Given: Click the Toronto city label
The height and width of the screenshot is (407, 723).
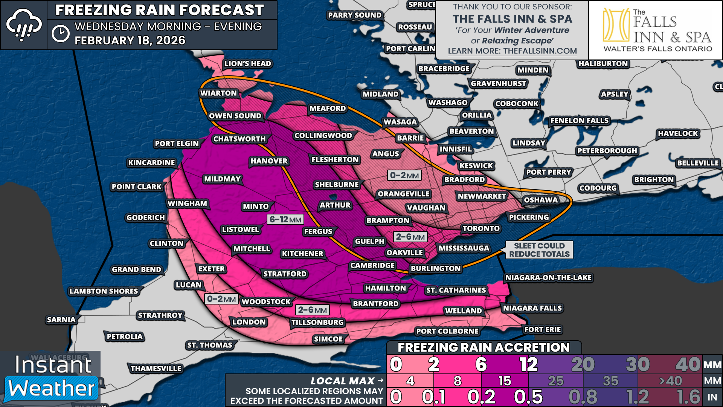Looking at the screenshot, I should pos(481,228).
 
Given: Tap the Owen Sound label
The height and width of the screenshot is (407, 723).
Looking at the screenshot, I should pos(235,116).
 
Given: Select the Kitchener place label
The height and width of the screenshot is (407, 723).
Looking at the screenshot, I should pos(302,254).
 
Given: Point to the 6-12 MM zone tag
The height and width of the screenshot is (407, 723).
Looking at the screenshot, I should pos(285,219).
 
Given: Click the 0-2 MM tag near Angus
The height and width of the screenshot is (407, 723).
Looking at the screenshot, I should pos(404,175).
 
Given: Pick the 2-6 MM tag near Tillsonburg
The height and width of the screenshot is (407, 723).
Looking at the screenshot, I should pos(312,310).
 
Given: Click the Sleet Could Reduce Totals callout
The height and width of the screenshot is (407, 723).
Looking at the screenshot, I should pos(539,250).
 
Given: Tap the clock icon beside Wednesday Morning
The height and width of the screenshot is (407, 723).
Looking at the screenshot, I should pos(61,34).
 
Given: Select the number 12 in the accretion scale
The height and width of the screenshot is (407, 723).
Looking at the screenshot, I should pos(528,364).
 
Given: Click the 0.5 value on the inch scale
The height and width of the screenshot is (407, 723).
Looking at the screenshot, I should pos(528,397).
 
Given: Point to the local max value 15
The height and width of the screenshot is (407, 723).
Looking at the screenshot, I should pos(505,381).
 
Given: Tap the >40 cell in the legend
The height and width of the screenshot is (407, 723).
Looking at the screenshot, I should pos(670,381).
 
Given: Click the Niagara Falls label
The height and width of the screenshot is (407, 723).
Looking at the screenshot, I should pos(532,308).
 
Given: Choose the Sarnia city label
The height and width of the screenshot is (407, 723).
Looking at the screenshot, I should pos(61,320).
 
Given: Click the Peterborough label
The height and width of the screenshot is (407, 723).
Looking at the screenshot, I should pos(607,151).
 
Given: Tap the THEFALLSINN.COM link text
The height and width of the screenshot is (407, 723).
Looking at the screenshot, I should pos(540,51).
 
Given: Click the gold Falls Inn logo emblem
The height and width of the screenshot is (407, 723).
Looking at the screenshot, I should pos(616,25).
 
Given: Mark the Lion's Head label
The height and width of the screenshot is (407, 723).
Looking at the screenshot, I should pos(247,64).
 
